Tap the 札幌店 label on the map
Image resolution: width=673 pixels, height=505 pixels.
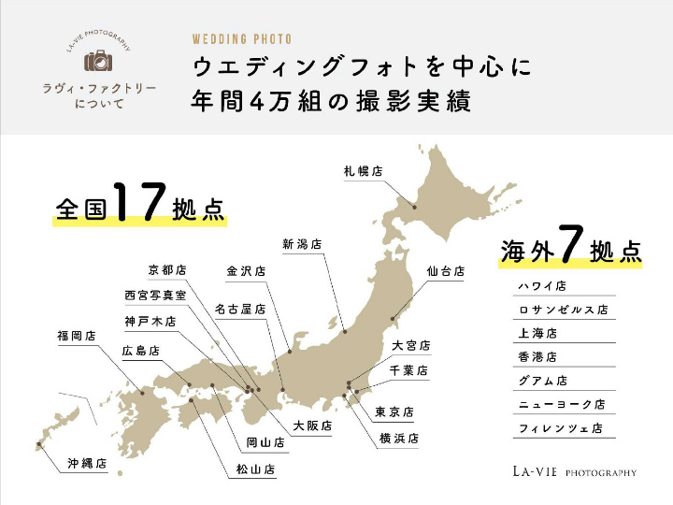coord(364,171)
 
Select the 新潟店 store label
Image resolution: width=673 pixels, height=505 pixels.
coord(302,243)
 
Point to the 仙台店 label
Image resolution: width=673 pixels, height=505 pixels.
coord(446,271)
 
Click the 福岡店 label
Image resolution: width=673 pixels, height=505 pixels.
coord(77,335)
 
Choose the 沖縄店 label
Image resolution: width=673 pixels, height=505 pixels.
coord(87,463)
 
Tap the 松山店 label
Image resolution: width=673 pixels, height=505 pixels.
coord(256,469)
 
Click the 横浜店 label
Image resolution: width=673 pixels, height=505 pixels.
coord(399,438)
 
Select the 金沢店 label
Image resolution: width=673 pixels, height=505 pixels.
coord(246,271)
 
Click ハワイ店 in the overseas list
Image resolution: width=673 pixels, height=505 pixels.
coord(543,286)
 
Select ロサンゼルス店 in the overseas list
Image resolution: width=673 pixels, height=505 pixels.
coord(564,310)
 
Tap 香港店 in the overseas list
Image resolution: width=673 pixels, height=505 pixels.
coord(537,357)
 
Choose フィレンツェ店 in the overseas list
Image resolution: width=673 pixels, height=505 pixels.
coord(560,429)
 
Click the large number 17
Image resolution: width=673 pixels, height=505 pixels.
coord(140,201)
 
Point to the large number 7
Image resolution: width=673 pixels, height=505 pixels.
coord(572,245)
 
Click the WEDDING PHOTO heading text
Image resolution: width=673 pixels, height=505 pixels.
coord(242,39)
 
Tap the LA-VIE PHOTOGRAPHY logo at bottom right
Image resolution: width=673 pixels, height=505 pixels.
coord(574,471)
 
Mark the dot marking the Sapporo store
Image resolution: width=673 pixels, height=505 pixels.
coord(415,208)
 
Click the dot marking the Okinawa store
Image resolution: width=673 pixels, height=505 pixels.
coord(38,444)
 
